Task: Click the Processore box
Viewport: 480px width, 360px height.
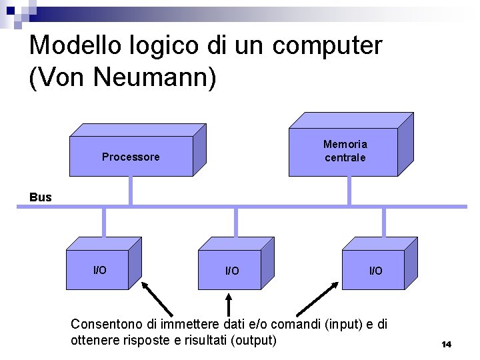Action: coord(131,157)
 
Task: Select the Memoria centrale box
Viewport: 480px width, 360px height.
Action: coord(345,151)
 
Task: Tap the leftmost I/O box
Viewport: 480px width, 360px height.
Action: coord(99,270)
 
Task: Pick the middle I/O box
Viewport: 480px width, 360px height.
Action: coord(232,271)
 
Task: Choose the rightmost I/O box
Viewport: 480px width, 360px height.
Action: coord(376,271)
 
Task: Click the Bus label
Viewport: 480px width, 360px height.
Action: coord(41,197)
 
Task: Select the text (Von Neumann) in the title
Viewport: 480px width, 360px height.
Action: coord(123,76)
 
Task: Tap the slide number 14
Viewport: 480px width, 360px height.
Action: coord(446,344)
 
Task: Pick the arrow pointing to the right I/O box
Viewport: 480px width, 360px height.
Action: coord(319,297)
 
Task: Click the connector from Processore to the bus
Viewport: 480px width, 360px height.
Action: coord(130,190)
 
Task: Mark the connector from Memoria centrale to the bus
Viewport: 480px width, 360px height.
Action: coord(349,191)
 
